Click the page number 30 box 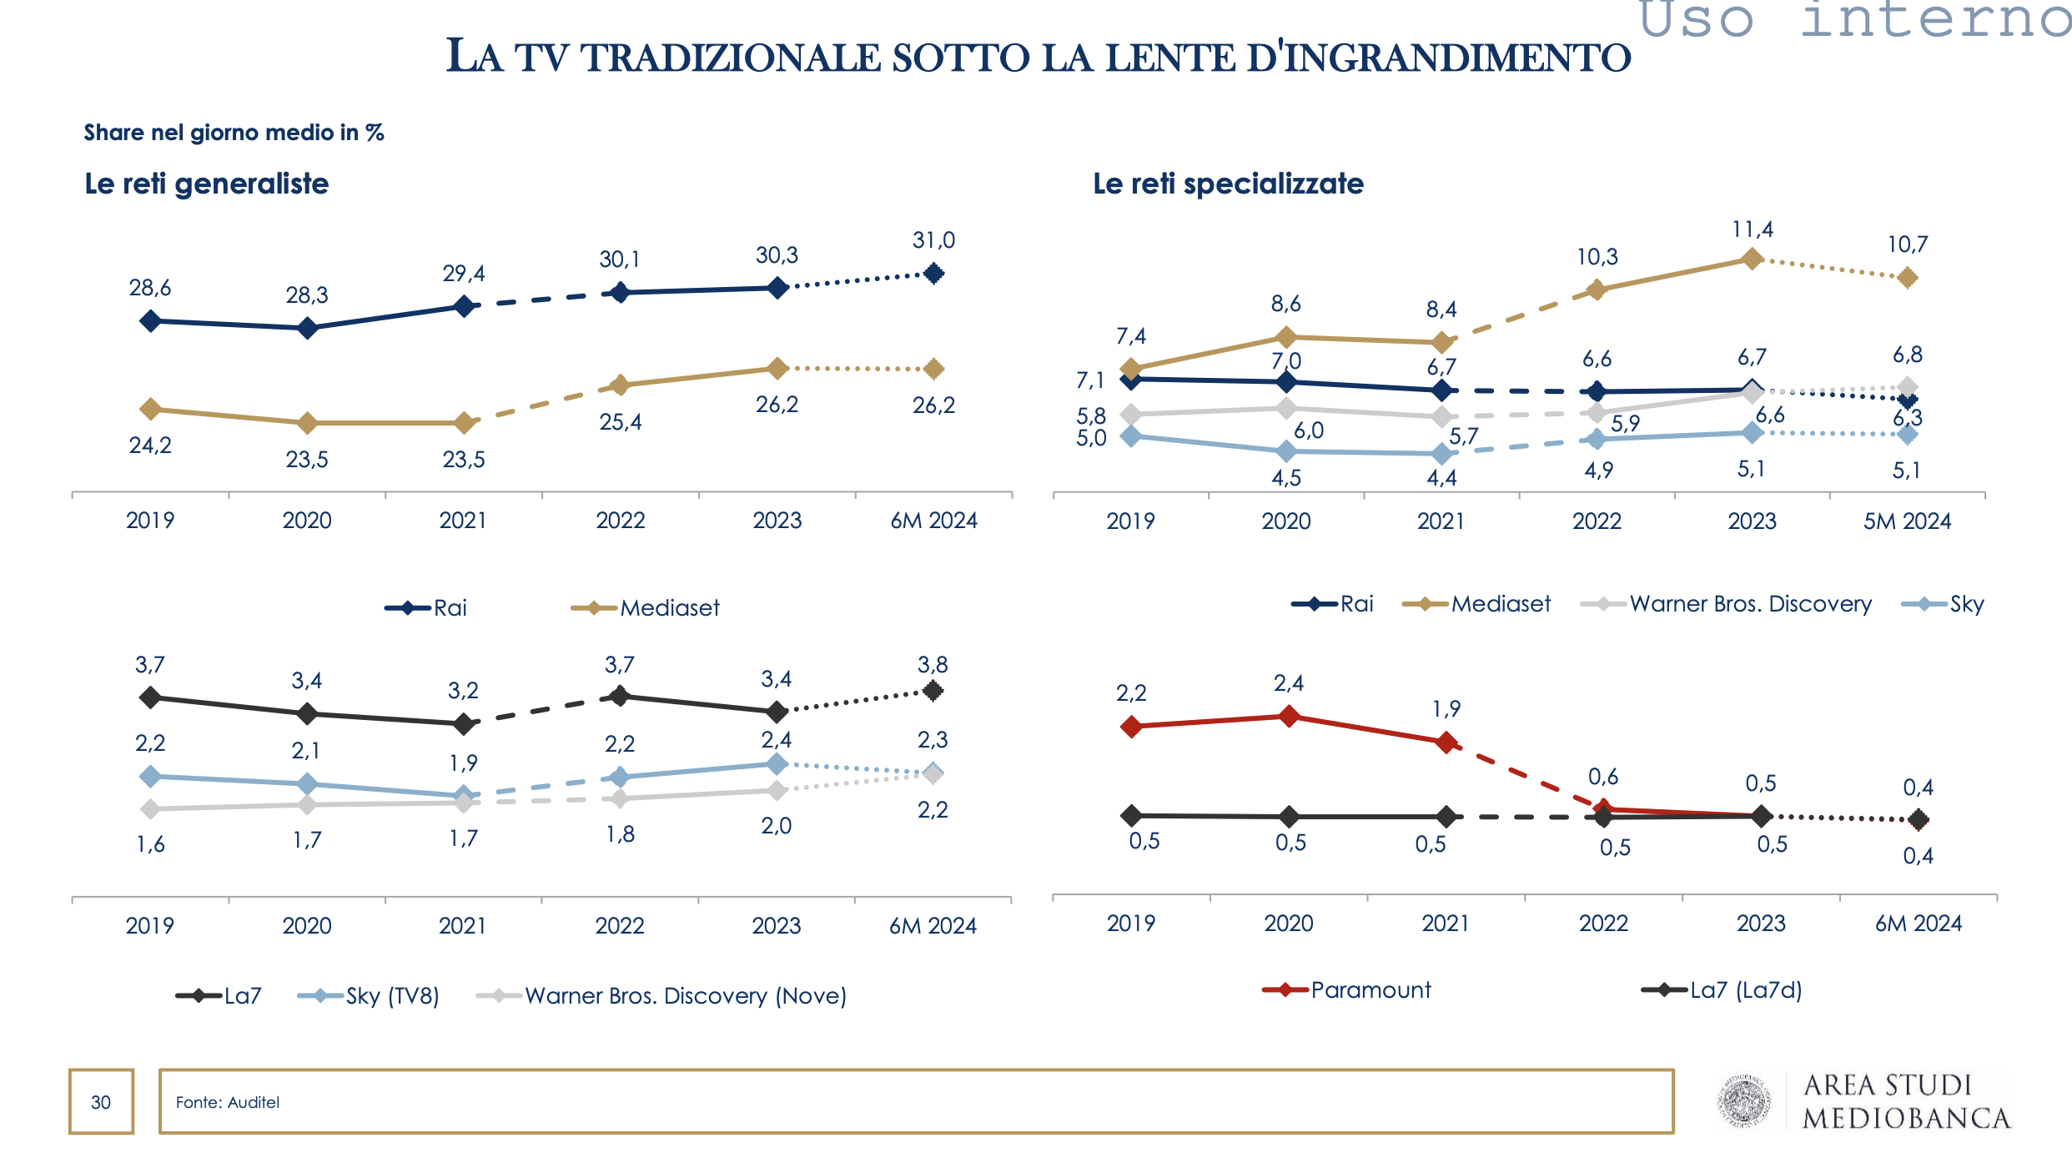click(x=101, y=1101)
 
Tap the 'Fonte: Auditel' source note click(x=228, y=1102)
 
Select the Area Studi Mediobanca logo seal click(x=1744, y=1101)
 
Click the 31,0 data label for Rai click(x=933, y=240)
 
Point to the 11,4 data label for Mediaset click(x=1753, y=229)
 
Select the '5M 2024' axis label click(x=1907, y=521)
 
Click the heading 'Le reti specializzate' click(x=1228, y=184)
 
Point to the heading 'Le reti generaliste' click(x=207, y=184)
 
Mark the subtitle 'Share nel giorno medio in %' click(x=234, y=133)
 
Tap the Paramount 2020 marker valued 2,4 click(x=1289, y=716)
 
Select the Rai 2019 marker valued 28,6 click(x=150, y=321)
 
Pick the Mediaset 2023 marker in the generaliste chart click(x=777, y=369)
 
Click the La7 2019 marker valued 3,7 click(x=150, y=697)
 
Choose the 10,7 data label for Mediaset click(x=1907, y=244)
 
